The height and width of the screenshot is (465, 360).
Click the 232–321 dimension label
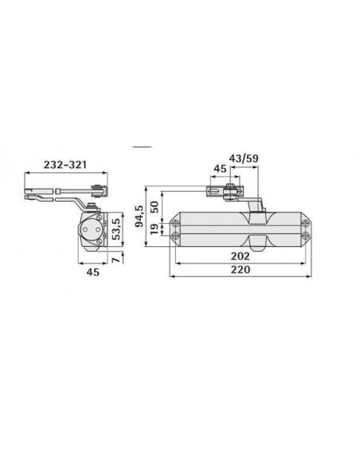(65, 165)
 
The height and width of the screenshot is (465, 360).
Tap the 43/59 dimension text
(244, 158)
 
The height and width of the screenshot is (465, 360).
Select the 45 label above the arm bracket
(220, 169)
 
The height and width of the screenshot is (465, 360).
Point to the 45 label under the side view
(93, 272)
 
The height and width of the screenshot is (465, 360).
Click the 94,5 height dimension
(139, 216)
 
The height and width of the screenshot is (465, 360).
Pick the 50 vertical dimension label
(155, 207)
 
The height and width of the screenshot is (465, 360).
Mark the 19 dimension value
(155, 229)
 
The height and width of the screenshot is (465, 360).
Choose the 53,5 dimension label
(116, 229)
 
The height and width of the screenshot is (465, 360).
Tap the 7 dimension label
(116, 260)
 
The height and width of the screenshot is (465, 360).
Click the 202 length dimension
(241, 256)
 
